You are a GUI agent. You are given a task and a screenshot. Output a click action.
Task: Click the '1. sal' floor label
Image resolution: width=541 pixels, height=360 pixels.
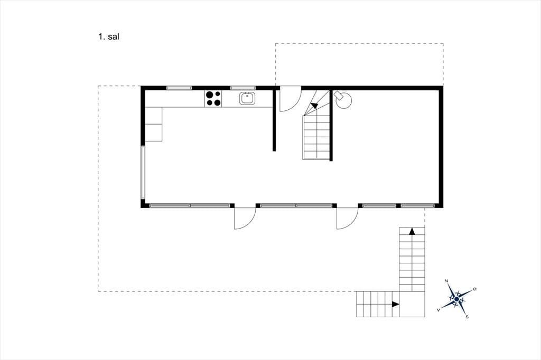click(x=109, y=37)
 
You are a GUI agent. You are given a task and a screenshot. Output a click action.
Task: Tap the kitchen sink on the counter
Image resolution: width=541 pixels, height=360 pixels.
click(x=247, y=99)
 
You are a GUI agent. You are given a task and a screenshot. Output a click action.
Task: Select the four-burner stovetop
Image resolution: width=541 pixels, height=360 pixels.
click(x=213, y=98)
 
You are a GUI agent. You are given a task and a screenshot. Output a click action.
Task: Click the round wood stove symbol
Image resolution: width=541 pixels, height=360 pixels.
click(x=343, y=100)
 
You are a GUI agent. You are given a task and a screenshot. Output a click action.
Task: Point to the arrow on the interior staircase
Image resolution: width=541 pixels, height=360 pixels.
click(x=314, y=105)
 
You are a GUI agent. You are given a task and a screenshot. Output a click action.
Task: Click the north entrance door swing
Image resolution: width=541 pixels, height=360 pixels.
click(x=290, y=100)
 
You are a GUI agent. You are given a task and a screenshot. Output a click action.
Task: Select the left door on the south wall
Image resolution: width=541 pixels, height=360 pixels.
click(x=245, y=219)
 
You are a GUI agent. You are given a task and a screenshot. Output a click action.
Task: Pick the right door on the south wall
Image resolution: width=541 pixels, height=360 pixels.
click(x=348, y=219)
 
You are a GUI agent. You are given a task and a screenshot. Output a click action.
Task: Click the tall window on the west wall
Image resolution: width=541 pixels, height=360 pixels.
click(x=143, y=173)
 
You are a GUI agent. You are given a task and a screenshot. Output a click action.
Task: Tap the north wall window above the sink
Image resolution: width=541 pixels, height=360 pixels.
click(x=243, y=88)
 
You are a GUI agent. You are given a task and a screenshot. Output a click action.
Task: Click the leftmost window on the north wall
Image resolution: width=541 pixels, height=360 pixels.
click(x=179, y=88)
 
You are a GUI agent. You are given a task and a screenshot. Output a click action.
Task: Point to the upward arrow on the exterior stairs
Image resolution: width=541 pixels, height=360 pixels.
click(x=412, y=231)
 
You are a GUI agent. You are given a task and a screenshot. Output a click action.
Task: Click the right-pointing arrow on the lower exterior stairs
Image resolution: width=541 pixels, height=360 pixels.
click(x=396, y=304)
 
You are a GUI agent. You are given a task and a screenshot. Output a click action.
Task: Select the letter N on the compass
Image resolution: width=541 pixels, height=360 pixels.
click(x=446, y=281)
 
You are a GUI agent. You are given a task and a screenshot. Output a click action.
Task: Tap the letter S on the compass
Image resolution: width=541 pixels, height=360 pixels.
click(x=467, y=317)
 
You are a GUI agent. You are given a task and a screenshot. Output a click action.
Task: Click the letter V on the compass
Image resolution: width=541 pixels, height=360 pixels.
click(x=438, y=310)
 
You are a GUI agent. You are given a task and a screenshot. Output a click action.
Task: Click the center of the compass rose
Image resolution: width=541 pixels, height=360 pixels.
click(x=457, y=299)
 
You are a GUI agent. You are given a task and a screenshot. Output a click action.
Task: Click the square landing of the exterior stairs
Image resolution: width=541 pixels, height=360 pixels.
click(x=412, y=304)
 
